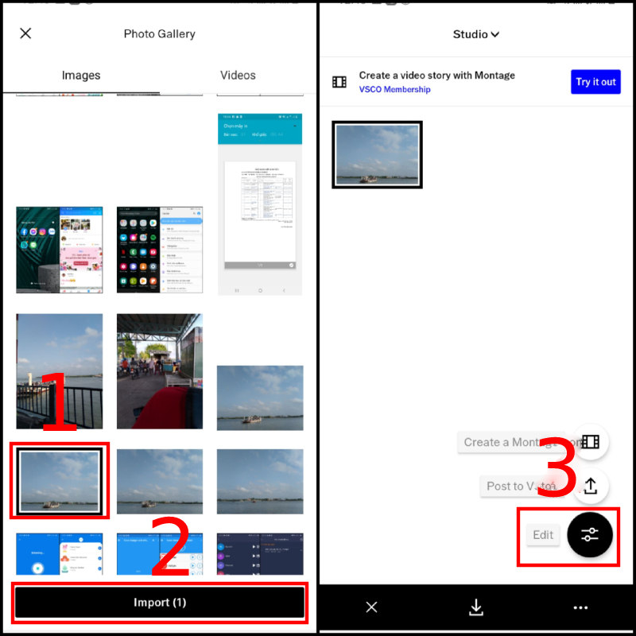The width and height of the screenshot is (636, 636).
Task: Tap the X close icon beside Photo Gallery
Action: (25, 33)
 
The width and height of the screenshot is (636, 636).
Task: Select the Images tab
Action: (81, 76)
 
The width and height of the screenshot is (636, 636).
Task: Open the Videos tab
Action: (238, 76)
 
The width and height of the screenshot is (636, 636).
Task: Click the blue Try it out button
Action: (595, 82)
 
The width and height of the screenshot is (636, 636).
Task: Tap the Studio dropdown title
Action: (475, 34)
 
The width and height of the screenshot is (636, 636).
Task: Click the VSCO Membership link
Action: (394, 90)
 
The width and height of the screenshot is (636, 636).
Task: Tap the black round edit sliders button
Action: (589, 534)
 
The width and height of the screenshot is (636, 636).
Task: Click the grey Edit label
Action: (543, 535)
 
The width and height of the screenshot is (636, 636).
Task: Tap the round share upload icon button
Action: (590, 486)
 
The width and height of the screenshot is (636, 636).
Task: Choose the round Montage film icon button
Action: (590, 442)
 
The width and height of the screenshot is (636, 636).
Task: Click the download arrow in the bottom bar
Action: (476, 607)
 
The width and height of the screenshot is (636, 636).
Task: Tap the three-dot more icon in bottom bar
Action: (580, 607)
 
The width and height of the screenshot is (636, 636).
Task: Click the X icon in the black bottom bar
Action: (371, 607)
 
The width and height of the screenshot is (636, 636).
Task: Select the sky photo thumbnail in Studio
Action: (377, 155)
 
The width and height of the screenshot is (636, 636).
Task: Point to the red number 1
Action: (60, 401)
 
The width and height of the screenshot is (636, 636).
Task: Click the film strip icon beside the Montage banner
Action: (339, 82)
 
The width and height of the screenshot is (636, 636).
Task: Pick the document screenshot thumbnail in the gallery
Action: (260, 204)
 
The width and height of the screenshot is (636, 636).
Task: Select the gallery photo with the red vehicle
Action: (159, 370)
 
